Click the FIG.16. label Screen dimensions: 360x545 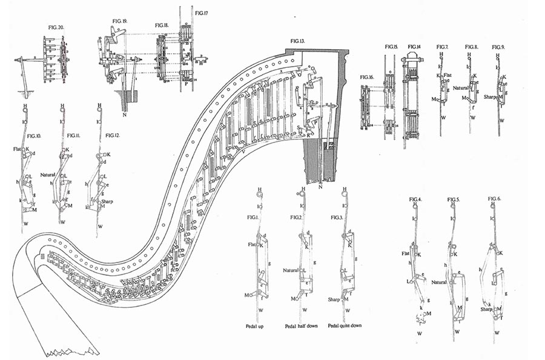click(368, 78)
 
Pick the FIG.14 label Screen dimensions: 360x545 click(414, 47)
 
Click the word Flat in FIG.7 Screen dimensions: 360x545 click(449, 76)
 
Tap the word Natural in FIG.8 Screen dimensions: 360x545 click(462, 88)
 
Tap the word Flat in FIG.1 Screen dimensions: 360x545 click(252, 245)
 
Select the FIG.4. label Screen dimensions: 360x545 click(415, 199)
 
